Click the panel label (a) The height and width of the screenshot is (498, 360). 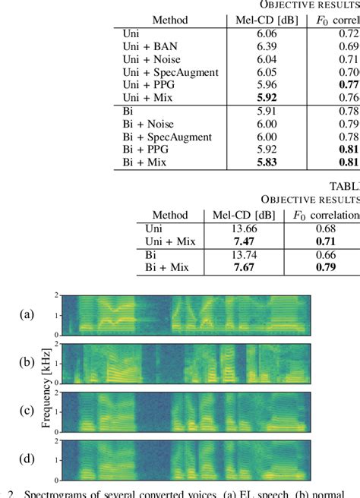(x=27, y=313)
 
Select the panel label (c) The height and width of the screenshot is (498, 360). (x=27, y=411)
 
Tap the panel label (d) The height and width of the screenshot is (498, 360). (x=27, y=459)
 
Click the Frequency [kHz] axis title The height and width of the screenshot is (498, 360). (x=46, y=386)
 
